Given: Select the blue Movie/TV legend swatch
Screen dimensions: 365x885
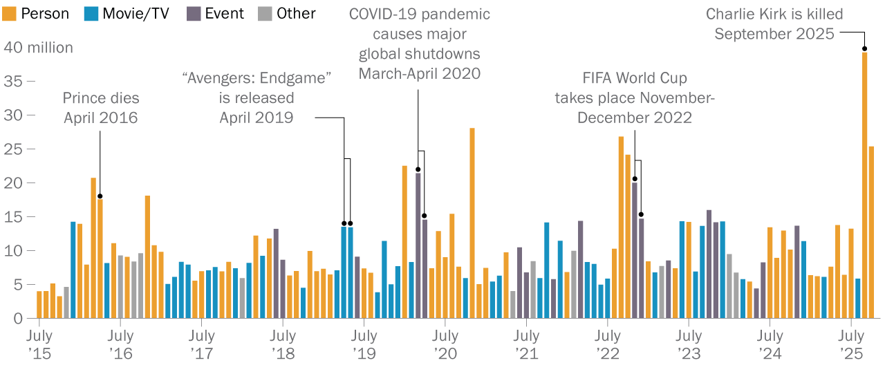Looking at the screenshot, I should coord(92,14).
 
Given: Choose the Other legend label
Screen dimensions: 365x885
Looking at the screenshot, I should coord(296,14).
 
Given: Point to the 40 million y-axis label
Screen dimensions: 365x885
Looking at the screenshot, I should coord(38,48).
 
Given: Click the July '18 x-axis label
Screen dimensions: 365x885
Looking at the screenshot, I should coord(283,344).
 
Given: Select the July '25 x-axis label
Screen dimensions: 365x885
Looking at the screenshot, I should coord(851,344).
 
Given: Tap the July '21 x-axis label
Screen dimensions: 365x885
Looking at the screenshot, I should coord(526,344).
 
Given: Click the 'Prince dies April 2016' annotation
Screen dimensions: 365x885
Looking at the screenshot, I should coord(100,108).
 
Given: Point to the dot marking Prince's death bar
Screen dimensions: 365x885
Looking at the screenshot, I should coord(100,196).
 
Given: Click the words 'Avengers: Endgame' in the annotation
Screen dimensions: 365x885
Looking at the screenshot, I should coord(257,78).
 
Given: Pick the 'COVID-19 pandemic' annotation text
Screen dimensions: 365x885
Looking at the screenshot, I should coord(419,14).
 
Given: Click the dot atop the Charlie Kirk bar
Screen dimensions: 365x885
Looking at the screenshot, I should coord(864,48).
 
